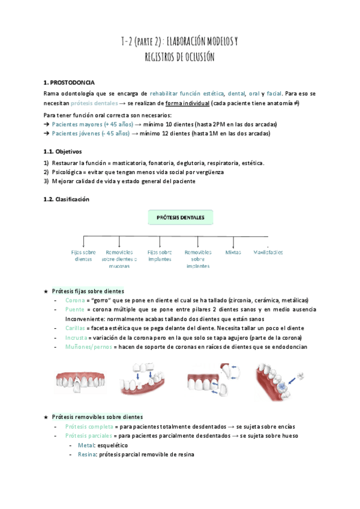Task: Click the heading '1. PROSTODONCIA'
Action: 68,82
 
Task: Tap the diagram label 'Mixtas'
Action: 233,253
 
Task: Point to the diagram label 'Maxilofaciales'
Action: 268,253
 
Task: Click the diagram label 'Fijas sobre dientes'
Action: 83,256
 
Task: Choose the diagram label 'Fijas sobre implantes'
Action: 160,256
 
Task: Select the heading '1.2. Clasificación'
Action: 67,199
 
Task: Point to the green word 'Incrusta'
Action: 76,338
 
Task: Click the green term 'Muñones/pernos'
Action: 87,347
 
